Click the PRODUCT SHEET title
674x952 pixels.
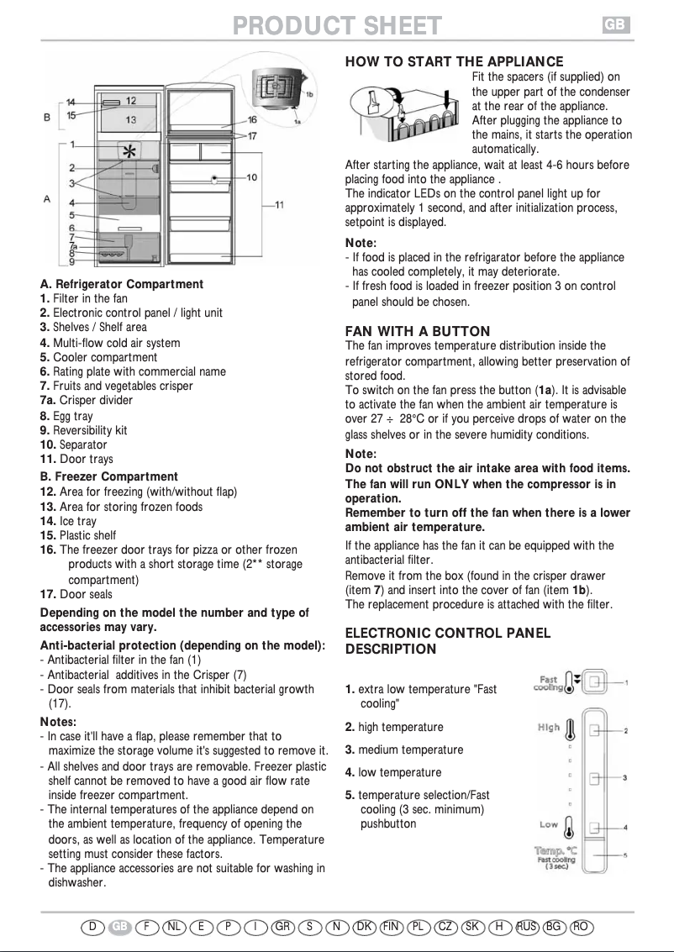point(337,26)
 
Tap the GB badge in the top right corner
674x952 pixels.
point(614,25)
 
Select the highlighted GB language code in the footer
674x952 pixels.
point(121,927)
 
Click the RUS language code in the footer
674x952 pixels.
point(527,927)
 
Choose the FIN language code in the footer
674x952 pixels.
point(391,927)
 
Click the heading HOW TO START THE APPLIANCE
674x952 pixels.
point(454,62)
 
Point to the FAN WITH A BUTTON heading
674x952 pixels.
point(418,331)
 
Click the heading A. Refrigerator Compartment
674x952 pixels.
point(122,284)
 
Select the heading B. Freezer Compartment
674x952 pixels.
point(109,476)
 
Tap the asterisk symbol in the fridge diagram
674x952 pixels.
point(129,153)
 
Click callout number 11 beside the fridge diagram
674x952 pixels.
point(279,204)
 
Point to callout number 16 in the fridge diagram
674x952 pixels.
point(252,121)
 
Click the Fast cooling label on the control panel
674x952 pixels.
point(548,684)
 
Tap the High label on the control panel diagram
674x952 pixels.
point(549,728)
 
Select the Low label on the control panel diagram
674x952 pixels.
point(549,824)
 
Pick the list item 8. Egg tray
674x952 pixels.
point(66,416)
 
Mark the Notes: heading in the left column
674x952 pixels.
point(59,721)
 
